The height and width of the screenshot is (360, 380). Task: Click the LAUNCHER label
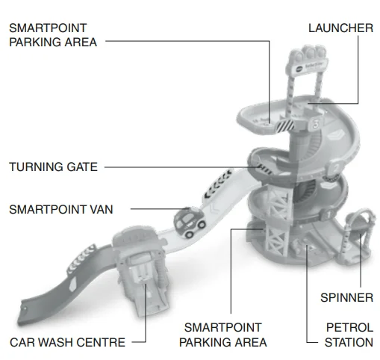[340, 28]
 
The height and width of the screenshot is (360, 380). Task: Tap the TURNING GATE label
[53, 167]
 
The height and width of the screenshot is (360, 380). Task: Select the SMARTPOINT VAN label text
[61, 209]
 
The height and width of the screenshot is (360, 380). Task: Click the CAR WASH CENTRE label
[67, 342]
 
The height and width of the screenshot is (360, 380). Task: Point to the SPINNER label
[347, 298]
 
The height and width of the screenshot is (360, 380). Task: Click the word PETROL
[349, 328]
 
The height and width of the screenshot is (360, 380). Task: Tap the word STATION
[349, 342]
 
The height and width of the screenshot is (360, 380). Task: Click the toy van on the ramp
[190, 223]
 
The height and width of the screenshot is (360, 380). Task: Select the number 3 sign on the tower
[316, 124]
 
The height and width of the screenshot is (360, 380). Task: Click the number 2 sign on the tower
[336, 169]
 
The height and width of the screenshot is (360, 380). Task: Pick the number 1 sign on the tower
[328, 215]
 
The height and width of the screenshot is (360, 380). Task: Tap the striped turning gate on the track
[265, 169]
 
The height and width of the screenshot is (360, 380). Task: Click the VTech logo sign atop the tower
[308, 66]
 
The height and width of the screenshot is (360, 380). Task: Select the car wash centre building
[140, 269]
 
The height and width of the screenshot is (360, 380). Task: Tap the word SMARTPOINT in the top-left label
[48, 28]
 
